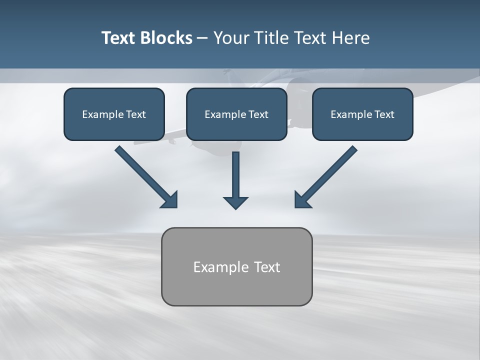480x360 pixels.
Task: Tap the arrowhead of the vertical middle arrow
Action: coord(235,202)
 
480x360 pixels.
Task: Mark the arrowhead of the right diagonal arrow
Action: coord(301,200)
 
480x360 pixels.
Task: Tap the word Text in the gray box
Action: coord(267,267)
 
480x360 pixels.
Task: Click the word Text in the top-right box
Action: coord(384,114)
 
